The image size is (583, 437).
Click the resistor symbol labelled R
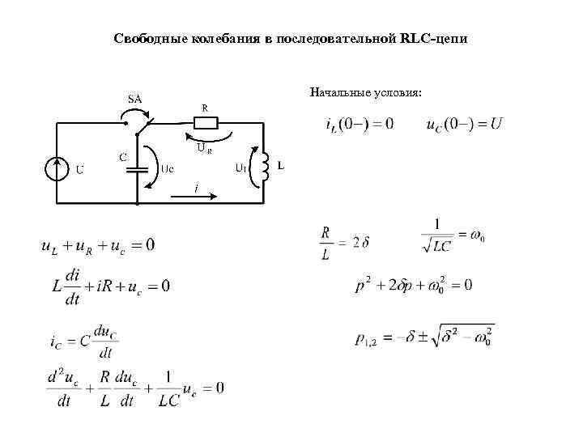[206, 123]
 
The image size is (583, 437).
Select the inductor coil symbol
[262, 166]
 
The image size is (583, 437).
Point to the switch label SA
[134, 99]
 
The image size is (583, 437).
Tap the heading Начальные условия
[365, 92]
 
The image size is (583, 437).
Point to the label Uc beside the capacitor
[168, 169]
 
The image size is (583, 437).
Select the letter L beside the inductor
[281, 165]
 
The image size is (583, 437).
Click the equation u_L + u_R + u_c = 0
[97, 244]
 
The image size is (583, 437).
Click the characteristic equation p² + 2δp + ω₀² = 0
[413, 286]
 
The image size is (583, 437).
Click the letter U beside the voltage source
[79, 170]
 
